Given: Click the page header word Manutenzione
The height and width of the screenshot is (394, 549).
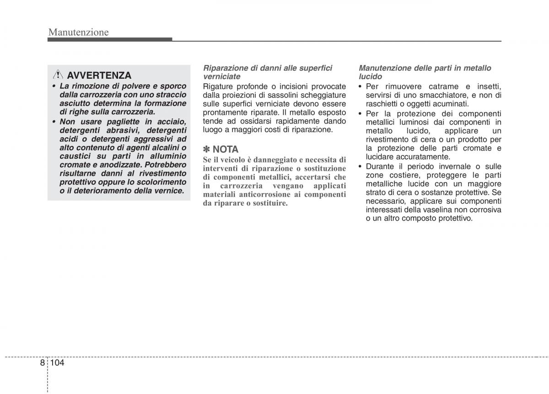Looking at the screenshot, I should point(78,32).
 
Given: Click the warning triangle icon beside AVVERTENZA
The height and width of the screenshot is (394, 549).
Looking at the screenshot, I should point(59,75).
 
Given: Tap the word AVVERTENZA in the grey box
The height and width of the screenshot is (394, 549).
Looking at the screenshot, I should point(99,76).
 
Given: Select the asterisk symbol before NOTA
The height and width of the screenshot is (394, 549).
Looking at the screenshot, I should point(207,150).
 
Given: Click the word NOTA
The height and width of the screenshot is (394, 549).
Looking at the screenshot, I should point(226,150).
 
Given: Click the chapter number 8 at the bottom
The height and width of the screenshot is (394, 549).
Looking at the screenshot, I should point(42,362).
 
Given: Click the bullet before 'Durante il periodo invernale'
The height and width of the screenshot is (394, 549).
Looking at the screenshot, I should point(361,167).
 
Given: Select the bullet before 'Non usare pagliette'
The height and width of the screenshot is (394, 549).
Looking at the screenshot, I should point(54,122).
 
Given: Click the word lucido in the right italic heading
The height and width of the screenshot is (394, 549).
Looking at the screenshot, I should point(370,76).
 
